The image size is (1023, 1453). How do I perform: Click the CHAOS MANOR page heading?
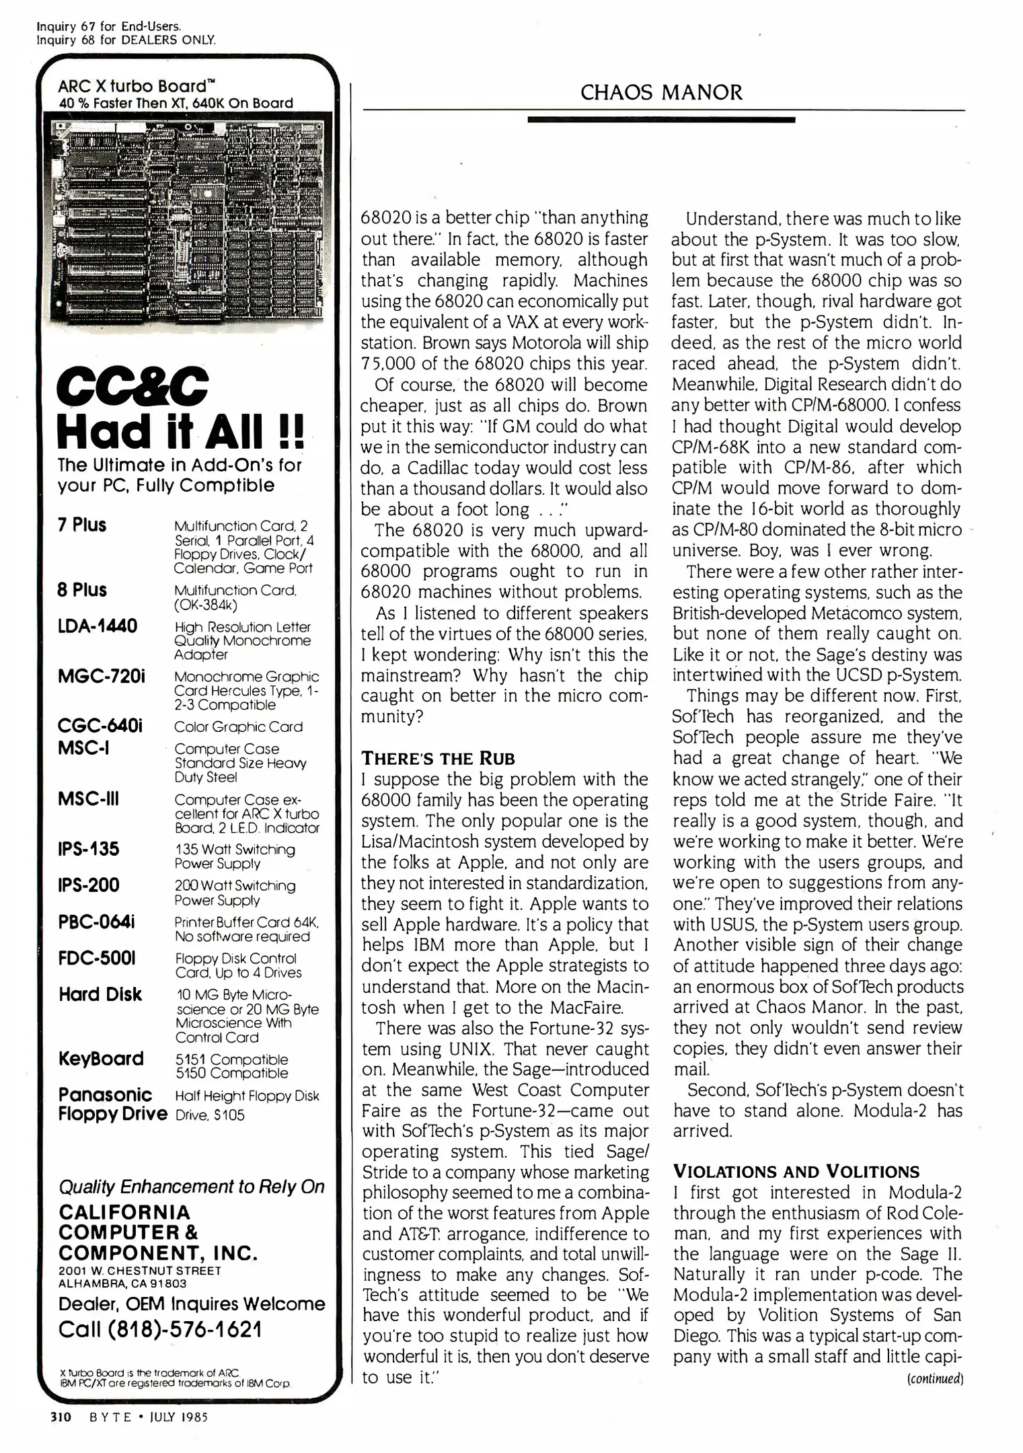point(661,92)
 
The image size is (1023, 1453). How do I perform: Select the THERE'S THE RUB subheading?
point(438,759)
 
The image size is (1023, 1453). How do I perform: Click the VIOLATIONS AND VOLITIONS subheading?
point(796,1171)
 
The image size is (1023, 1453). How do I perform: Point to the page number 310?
point(61,1416)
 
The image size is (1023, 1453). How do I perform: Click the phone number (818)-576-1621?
point(160,1329)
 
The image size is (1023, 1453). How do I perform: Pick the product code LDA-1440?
point(98,626)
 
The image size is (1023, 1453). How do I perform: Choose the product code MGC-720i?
point(102,676)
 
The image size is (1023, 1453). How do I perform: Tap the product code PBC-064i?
point(96,922)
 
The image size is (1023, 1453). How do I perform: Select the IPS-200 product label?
point(89,885)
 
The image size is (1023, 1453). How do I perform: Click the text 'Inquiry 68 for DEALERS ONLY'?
point(126,40)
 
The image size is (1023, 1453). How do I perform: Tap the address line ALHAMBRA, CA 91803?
point(122,1283)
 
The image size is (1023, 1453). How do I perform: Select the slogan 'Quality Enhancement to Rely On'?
point(192,1187)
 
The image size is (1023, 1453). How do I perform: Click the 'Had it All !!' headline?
point(180,432)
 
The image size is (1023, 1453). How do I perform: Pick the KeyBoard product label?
point(101,1059)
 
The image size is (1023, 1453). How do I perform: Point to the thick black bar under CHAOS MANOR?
point(661,120)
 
